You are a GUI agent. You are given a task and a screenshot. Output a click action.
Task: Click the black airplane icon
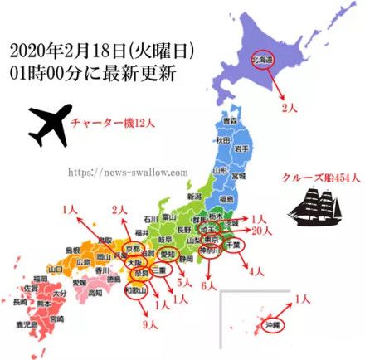pos(49,124)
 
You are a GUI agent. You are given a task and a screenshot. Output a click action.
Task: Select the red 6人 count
pos(209,284)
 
